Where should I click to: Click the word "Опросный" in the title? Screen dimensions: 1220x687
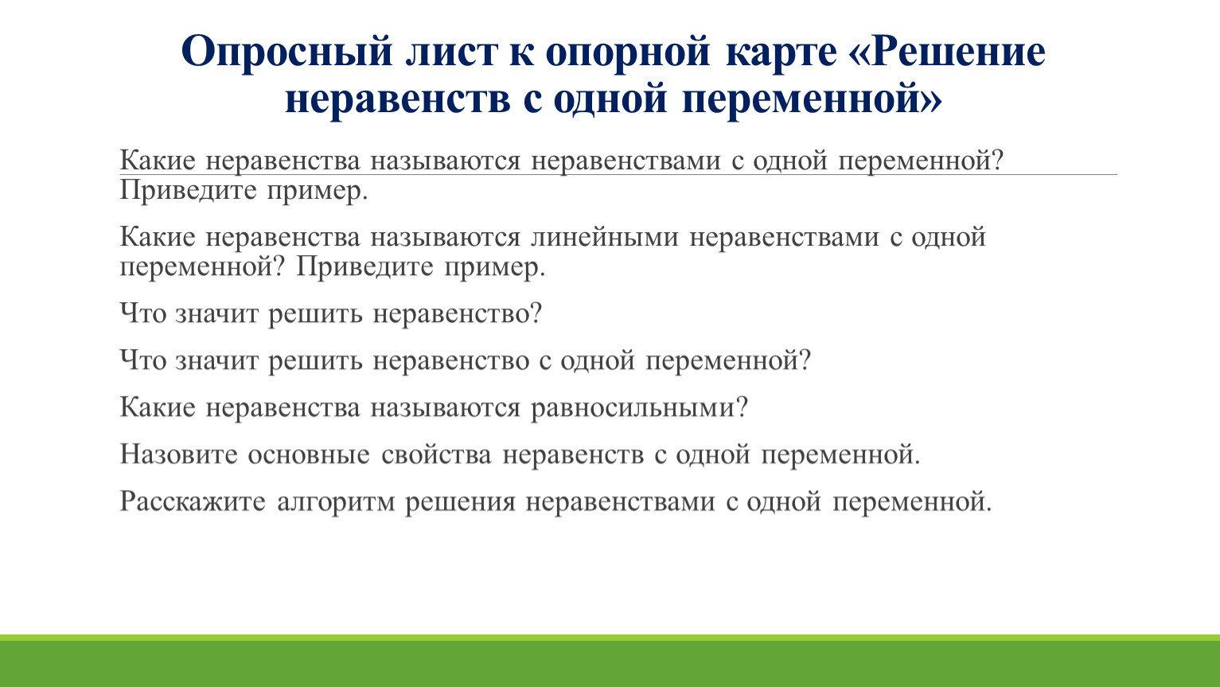pos(287,52)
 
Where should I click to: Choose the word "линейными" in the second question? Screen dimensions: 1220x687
pos(605,238)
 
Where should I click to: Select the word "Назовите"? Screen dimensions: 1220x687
pos(178,454)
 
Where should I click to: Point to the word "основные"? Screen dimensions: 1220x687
pos(309,455)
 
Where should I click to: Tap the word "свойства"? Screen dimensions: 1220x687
pos(436,455)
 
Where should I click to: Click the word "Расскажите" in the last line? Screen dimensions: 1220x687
pos(193,502)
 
